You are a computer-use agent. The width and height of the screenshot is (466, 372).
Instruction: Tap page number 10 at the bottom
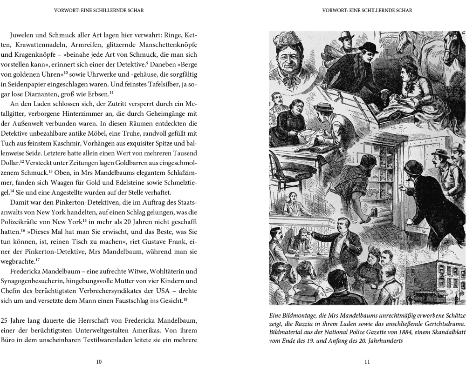tap(98, 361)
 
